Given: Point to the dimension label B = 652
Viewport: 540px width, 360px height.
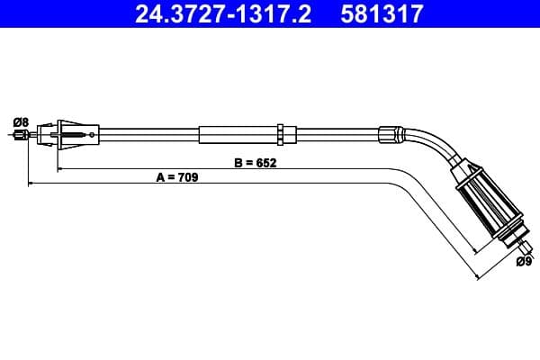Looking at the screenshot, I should pos(254,163).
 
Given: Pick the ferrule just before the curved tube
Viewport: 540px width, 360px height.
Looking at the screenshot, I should pos(389,132).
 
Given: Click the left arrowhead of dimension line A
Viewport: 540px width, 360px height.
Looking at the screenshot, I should pos(32,184).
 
